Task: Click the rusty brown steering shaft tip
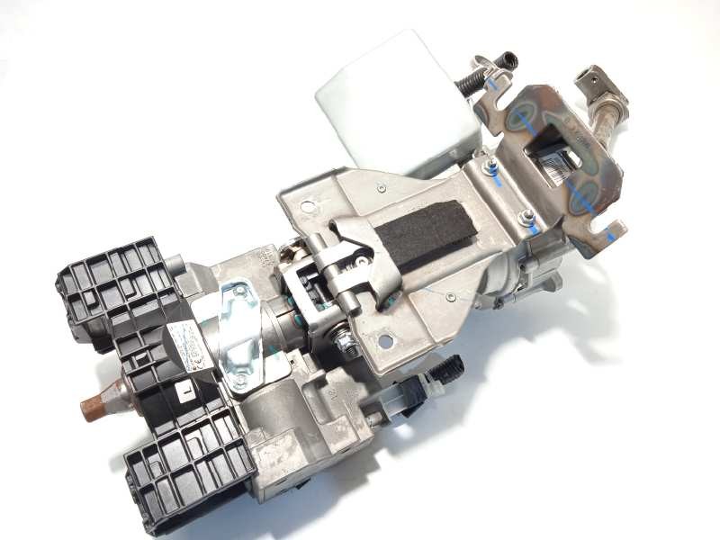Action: coord(94,405)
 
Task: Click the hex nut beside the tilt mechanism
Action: coord(343,343)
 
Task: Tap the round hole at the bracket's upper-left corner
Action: coord(308,207)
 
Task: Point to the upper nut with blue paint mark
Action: coord(490,167)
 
